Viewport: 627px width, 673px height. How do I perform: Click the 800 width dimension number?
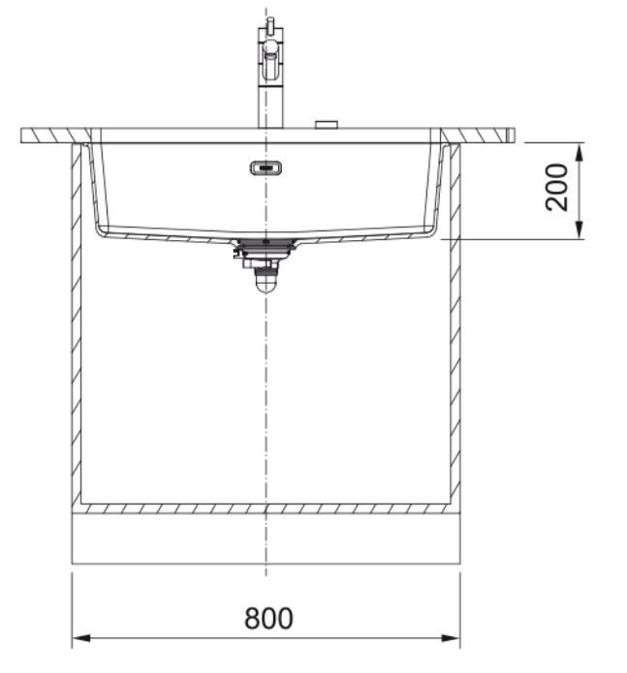pos(268,619)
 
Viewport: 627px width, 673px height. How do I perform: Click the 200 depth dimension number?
pos(556,187)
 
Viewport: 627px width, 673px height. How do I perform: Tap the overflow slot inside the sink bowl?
pos(266,168)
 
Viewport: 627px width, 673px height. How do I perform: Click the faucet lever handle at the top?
pos(270,25)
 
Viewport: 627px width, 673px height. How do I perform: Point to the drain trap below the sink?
pos(266,280)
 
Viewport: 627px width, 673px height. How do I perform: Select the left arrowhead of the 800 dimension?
pos(81,638)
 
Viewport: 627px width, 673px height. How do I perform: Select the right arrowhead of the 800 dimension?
pos(451,638)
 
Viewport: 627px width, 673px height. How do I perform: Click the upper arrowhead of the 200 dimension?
pos(579,153)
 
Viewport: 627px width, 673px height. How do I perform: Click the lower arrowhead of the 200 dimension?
pos(579,229)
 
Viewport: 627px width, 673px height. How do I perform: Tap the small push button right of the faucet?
pos(327,125)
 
